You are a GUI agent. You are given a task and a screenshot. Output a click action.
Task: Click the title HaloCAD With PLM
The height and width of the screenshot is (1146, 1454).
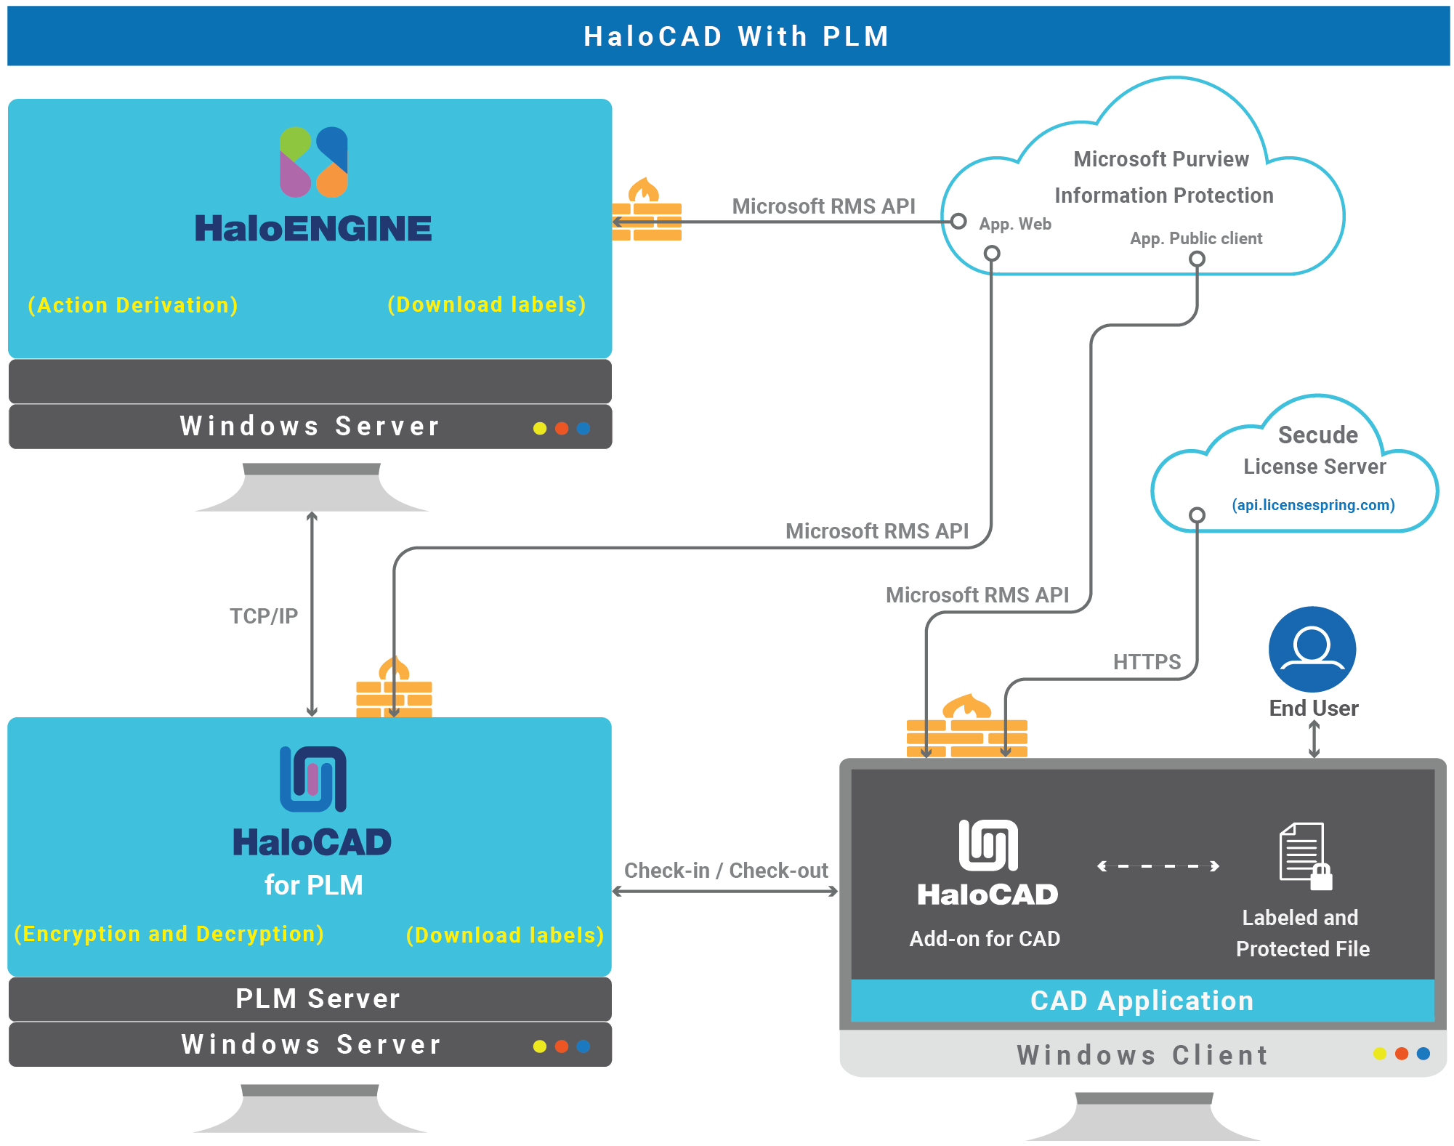click(x=736, y=36)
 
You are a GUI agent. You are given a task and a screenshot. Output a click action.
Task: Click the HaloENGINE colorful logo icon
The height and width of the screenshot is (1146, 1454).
click(x=313, y=162)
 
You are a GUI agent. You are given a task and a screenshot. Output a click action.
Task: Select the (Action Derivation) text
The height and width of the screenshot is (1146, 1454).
click(x=133, y=305)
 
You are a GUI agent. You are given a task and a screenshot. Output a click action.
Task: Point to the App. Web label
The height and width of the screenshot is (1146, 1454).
click(x=1014, y=224)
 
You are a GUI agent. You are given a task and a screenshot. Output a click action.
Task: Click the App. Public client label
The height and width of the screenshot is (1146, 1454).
click(x=1195, y=238)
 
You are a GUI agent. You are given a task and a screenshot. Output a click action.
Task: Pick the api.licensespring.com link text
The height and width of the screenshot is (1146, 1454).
click(x=1312, y=505)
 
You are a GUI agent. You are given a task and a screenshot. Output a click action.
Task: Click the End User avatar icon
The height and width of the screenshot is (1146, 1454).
click(x=1312, y=649)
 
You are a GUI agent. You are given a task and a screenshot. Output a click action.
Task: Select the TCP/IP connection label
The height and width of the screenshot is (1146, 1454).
click(x=264, y=616)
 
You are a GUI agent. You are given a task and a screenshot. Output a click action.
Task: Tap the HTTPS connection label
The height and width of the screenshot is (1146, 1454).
click(x=1146, y=662)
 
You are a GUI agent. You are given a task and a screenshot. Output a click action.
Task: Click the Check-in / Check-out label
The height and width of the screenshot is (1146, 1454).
click(x=725, y=871)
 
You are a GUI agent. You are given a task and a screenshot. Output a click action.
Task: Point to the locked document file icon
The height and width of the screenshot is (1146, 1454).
click(x=1304, y=856)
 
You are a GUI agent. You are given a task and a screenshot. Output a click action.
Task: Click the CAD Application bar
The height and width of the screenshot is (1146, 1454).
click(x=1142, y=1001)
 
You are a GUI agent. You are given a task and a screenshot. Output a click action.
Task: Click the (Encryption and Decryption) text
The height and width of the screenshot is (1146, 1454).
click(x=169, y=934)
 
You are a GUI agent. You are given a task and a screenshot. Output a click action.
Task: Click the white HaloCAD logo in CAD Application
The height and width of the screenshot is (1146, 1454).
click(x=987, y=846)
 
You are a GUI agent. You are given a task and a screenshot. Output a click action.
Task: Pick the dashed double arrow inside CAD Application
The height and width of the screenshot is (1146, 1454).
click(x=1158, y=866)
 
